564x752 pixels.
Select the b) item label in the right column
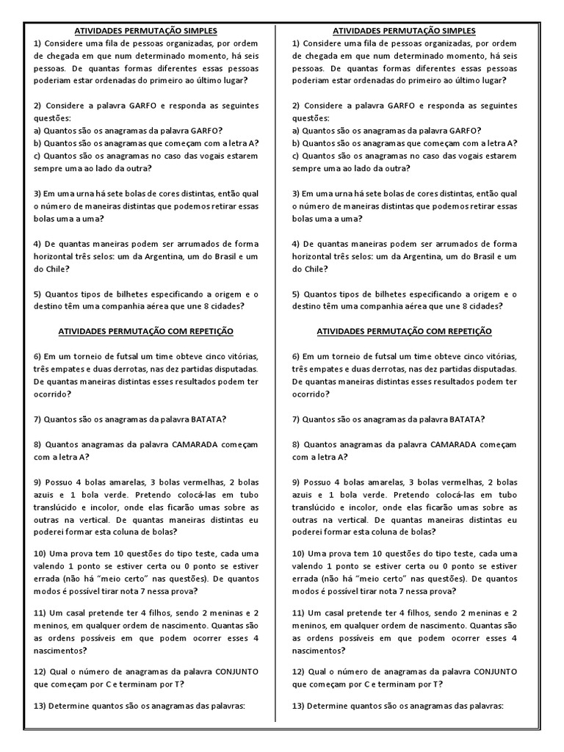(296, 143)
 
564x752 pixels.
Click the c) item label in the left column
(37, 156)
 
